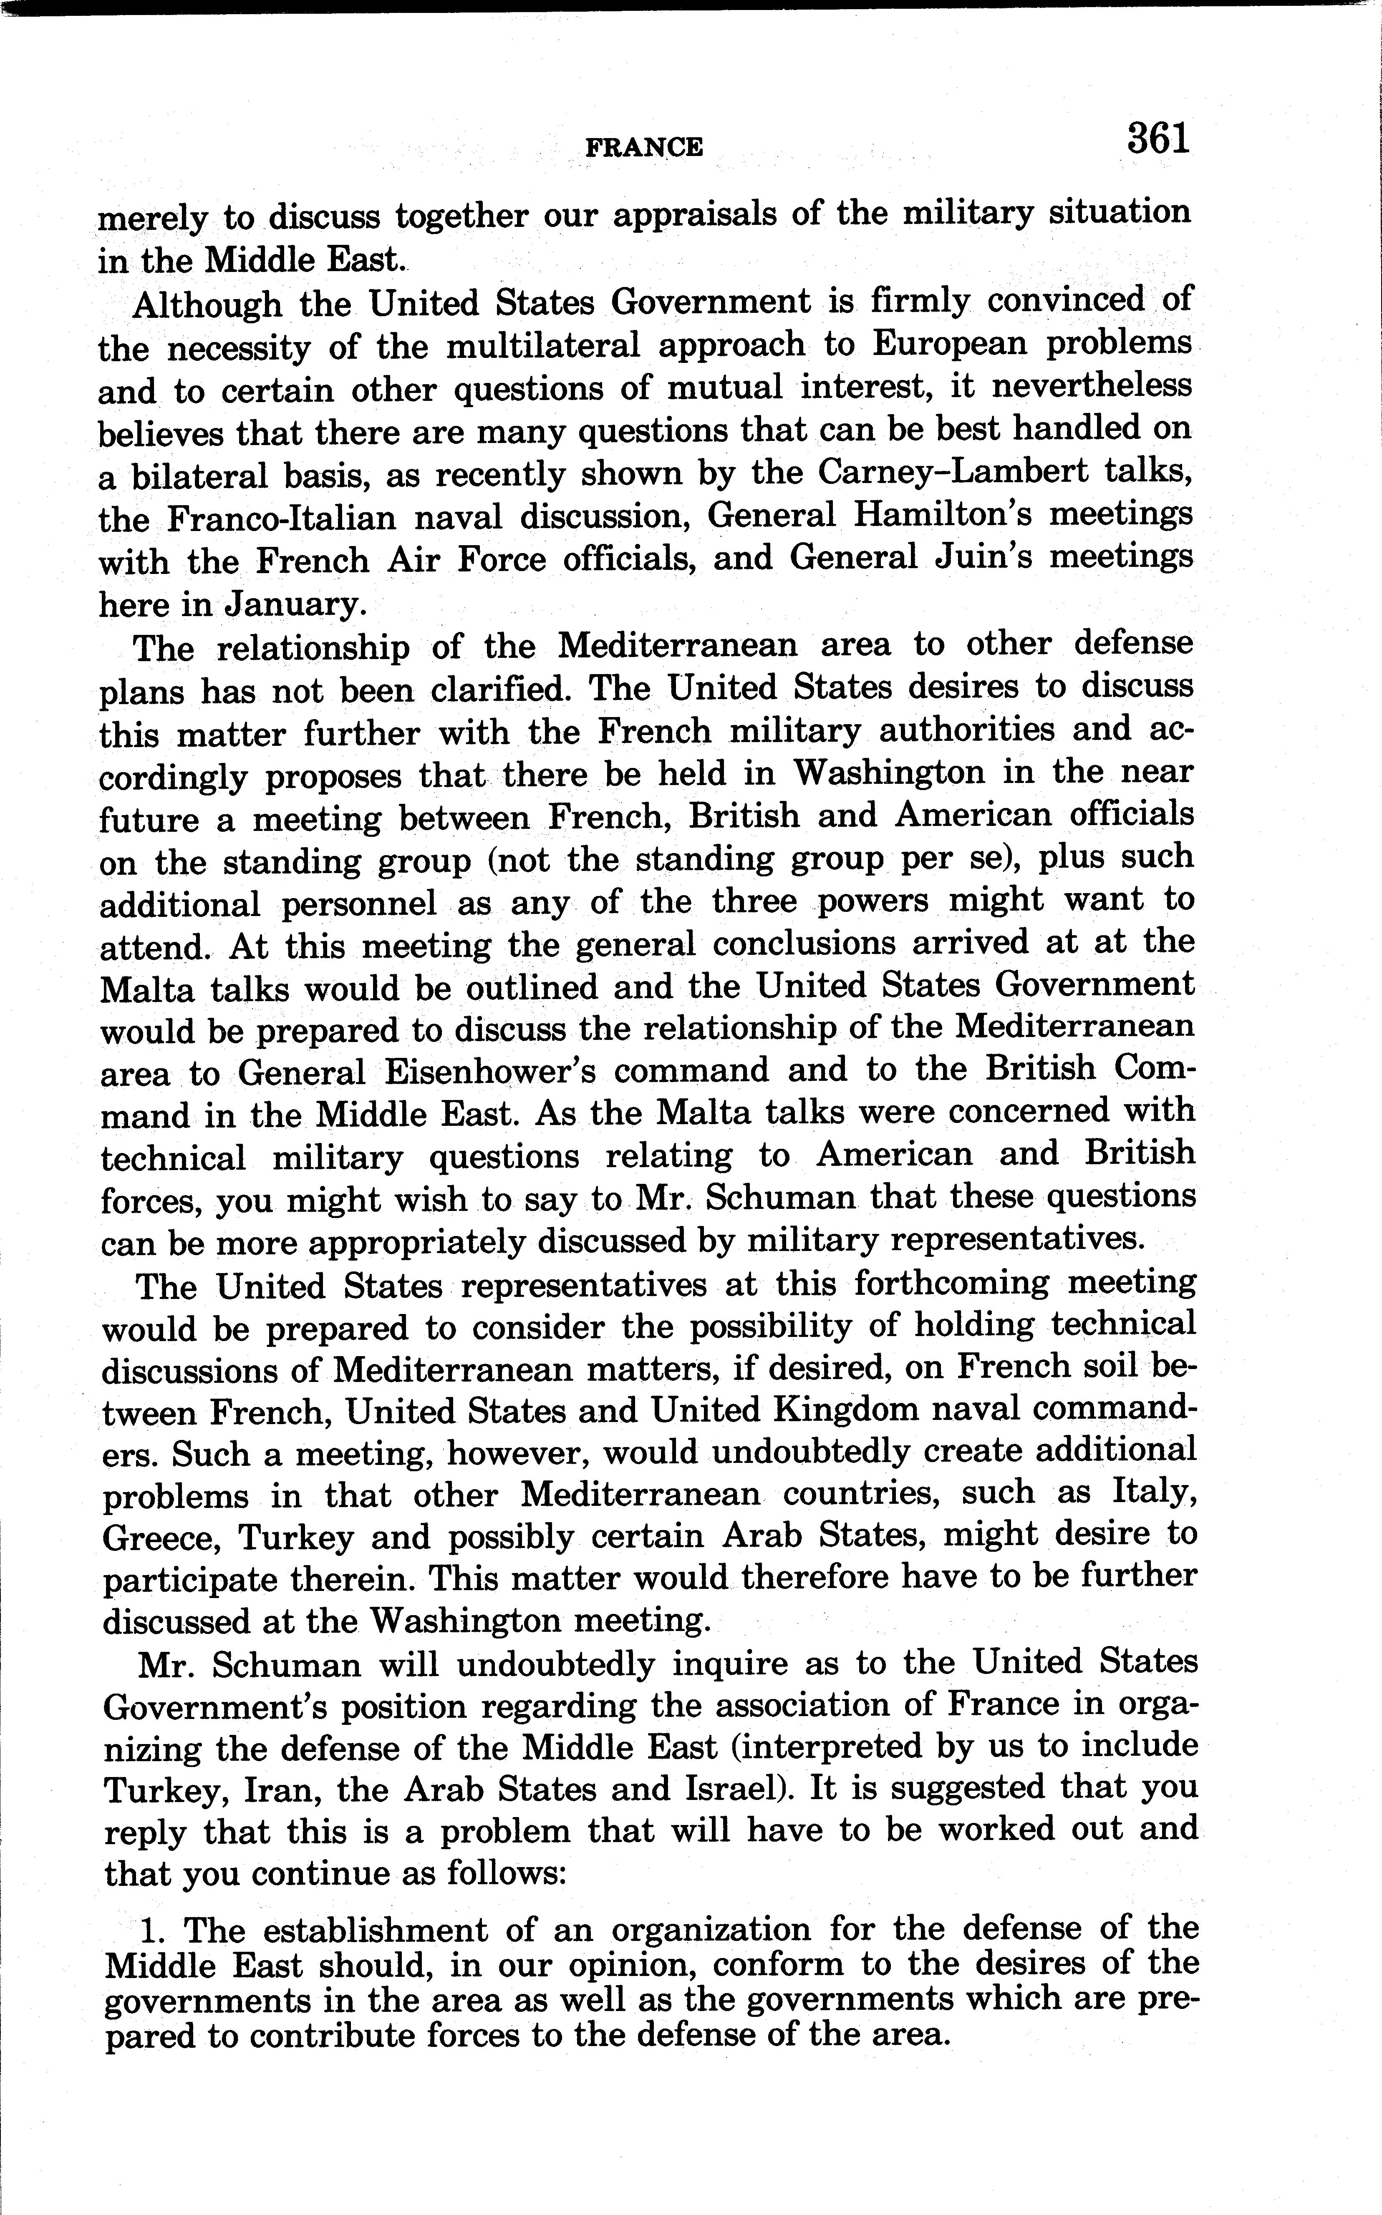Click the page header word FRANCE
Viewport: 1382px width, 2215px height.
(x=643, y=147)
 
